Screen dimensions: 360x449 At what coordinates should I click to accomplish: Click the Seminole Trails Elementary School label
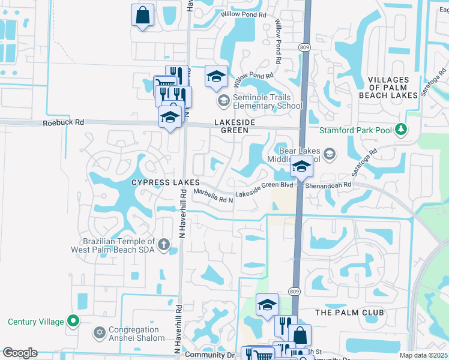(262, 102)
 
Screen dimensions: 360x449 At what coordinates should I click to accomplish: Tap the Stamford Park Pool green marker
(402, 129)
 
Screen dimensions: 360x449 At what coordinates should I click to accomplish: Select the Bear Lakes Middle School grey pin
(329, 155)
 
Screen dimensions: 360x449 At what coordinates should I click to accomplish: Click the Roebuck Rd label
(63, 122)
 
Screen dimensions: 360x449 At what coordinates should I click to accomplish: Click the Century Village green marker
(74, 321)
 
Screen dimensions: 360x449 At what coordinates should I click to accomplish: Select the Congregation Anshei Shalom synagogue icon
(100, 332)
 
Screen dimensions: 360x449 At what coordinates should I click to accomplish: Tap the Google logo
(20, 353)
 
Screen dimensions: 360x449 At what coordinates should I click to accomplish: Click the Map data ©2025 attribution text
(423, 355)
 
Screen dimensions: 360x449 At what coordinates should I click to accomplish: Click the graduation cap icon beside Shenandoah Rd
(301, 166)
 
